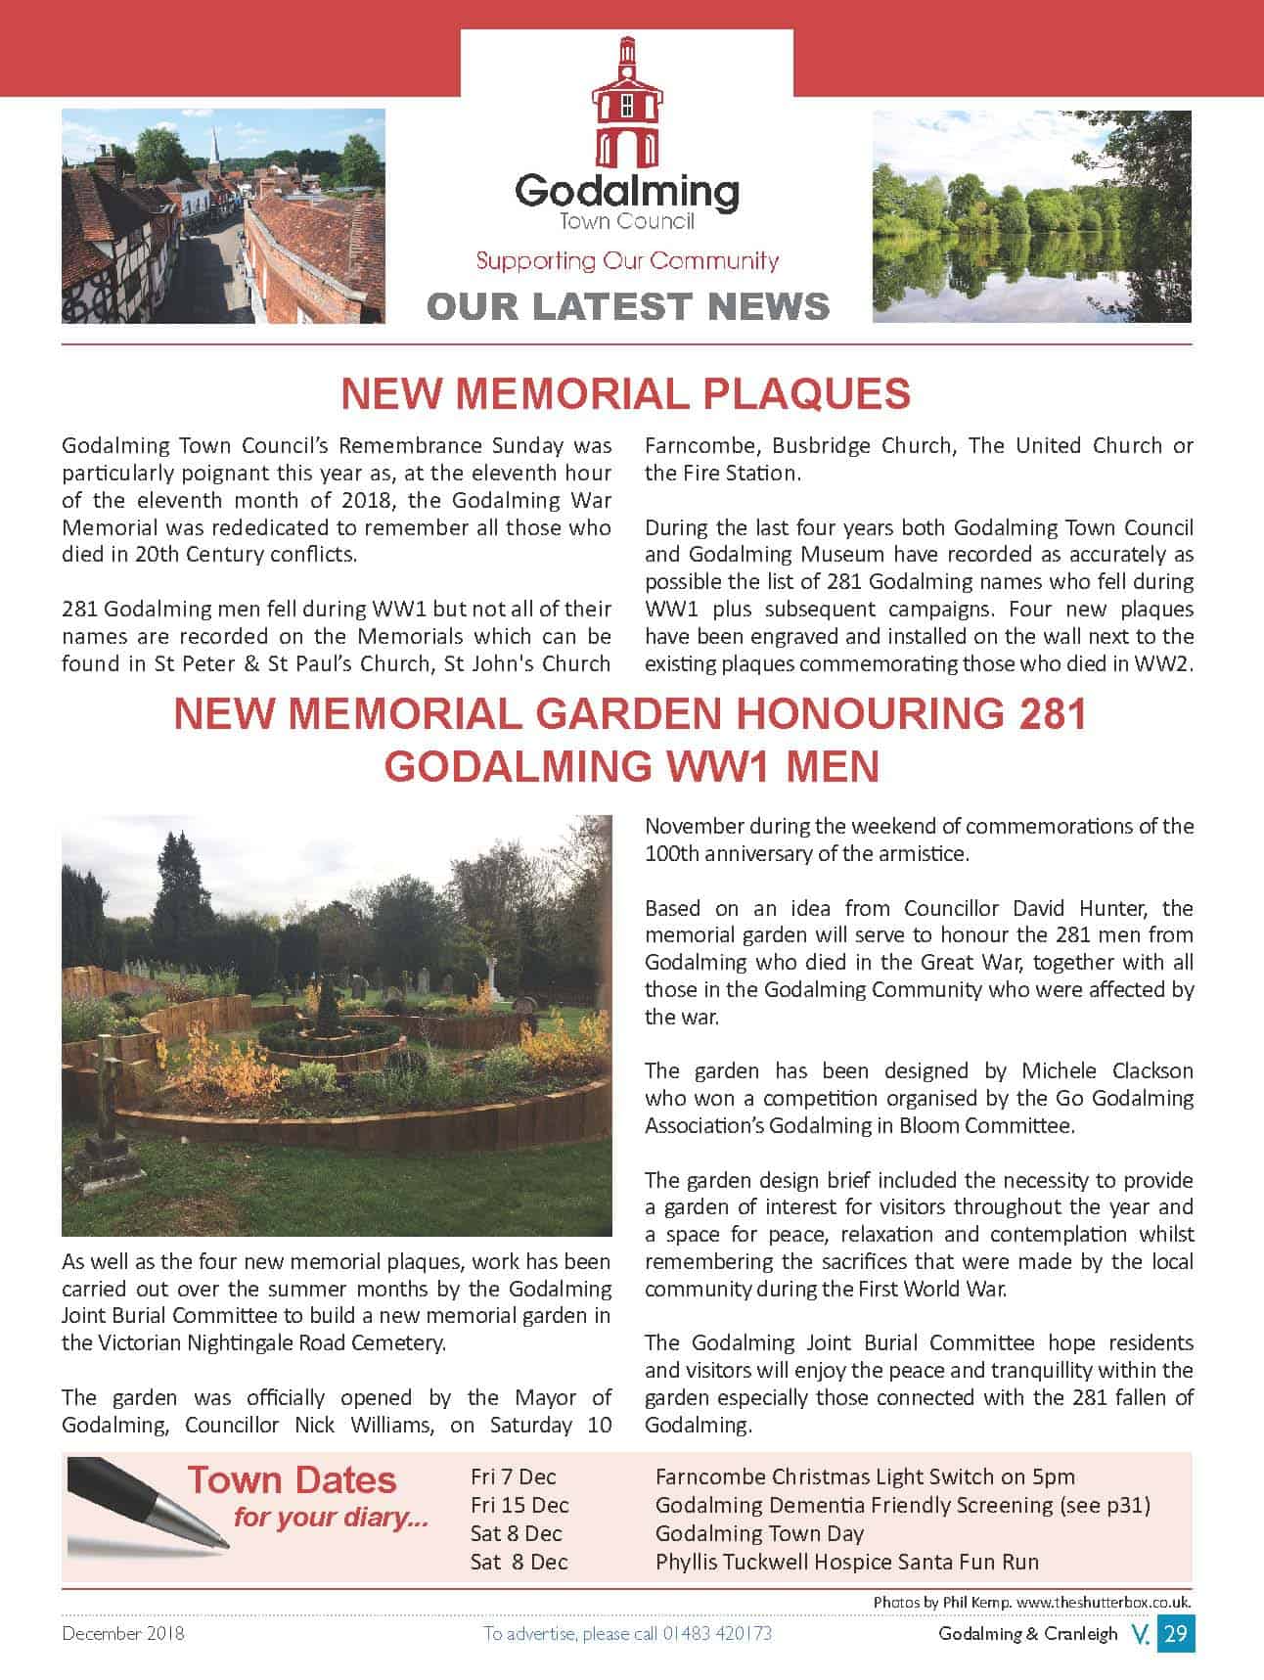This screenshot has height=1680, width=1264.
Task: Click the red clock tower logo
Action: (626, 103)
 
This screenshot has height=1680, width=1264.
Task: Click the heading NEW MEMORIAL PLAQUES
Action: (625, 393)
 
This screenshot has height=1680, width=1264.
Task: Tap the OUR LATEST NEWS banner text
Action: (628, 306)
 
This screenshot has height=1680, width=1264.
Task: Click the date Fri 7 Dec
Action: (513, 1476)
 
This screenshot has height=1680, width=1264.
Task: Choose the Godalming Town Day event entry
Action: (759, 1533)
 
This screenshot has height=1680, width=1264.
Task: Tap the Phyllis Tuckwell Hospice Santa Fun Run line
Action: (846, 1562)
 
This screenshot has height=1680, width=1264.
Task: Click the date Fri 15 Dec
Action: (519, 1505)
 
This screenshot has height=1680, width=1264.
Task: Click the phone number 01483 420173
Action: (717, 1633)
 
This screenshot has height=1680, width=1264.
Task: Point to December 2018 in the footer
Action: (122, 1633)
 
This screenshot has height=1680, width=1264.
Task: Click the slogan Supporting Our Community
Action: (627, 260)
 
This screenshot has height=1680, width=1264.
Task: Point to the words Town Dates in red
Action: (292, 1480)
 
